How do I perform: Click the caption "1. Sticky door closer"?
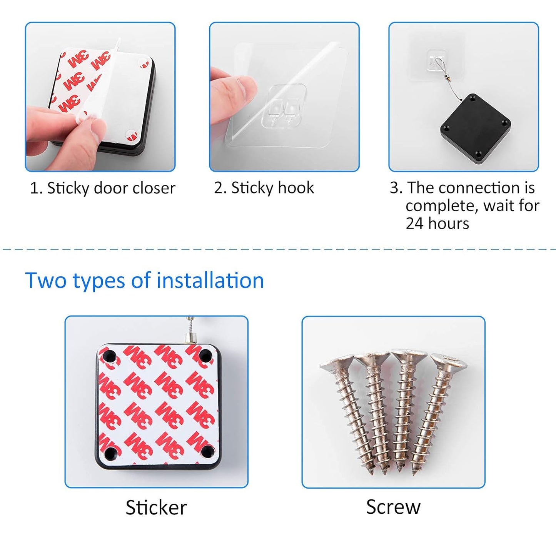[x=103, y=189]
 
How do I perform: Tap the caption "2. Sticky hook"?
[x=264, y=188]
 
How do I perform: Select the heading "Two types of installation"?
[x=145, y=280]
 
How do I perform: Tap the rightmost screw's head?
[x=449, y=362]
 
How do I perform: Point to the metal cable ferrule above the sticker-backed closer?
[x=190, y=337]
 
